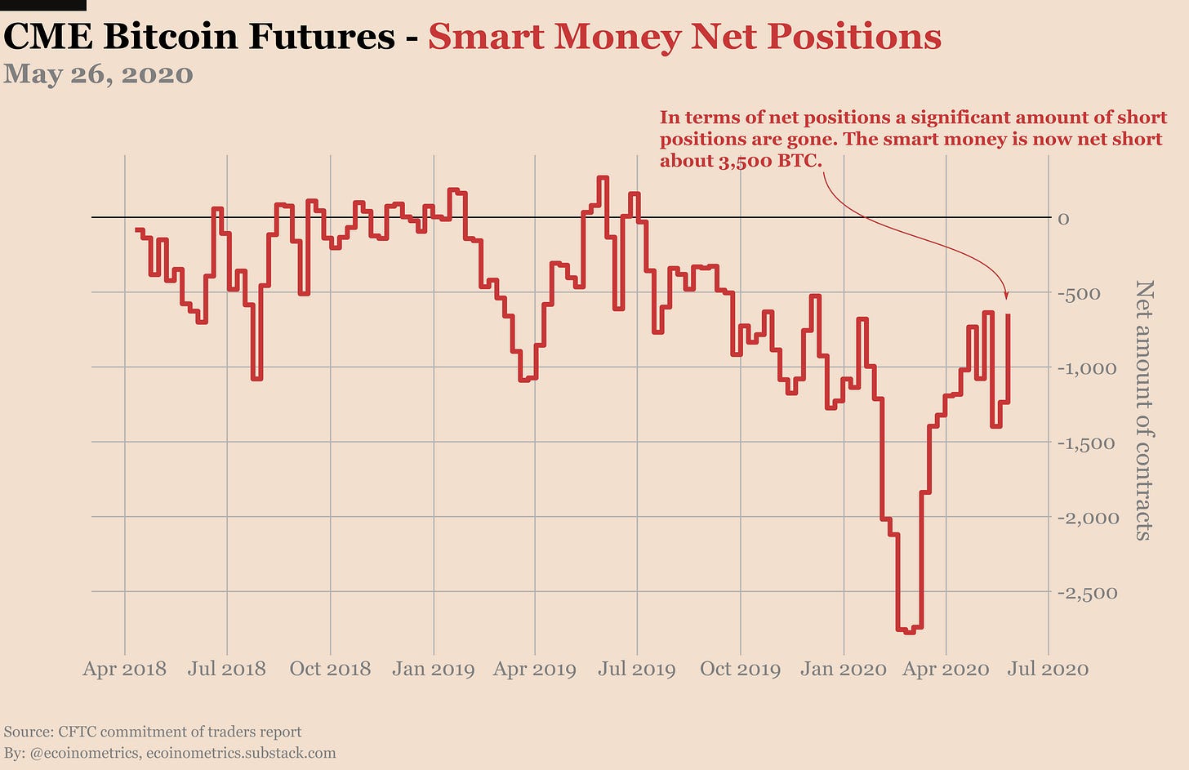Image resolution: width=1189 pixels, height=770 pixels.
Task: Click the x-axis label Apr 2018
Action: tap(125, 670)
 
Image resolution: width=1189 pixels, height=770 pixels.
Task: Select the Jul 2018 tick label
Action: tap(227, 670)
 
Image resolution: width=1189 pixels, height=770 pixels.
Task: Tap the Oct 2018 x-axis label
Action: tap(330, 670)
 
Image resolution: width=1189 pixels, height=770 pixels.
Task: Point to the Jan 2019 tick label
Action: tap(433, 670)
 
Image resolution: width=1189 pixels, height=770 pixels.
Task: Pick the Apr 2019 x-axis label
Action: tap(535, 670)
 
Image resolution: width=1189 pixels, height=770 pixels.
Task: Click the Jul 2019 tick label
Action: tap(637, 670)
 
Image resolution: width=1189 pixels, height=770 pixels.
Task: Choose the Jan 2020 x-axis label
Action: tap(844, 670)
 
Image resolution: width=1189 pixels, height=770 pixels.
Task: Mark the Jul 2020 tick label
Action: tap(1048, 670)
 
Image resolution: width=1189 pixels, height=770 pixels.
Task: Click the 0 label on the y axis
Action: tap(1063, 219)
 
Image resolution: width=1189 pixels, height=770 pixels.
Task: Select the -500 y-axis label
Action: tap(1079, 294)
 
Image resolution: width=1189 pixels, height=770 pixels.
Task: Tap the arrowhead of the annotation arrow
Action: tap(1006, 295)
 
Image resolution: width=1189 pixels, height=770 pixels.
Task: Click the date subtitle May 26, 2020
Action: tap(98, 74)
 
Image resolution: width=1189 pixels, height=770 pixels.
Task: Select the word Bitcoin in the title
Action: tap(178, 37)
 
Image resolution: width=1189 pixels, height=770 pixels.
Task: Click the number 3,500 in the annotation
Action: tap(746, 161)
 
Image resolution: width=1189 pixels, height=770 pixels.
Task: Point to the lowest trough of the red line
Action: tap(909, 630)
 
